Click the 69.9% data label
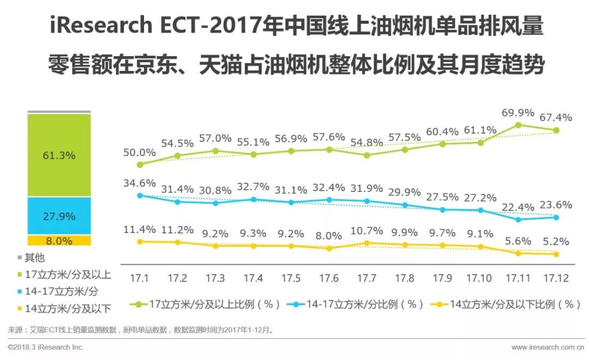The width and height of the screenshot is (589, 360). (518, 113)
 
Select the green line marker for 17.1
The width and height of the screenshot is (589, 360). (140, 164)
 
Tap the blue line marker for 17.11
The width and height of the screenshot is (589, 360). (518, 219)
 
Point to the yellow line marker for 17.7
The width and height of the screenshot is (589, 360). (366, 243)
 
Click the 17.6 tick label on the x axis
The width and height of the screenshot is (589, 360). (329, 278)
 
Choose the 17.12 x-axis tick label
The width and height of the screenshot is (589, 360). (556, 278)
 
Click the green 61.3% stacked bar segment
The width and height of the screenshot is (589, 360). (59, 155)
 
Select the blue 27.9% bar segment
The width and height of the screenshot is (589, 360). (59, 216)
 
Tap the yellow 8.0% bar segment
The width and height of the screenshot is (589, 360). (59, 241)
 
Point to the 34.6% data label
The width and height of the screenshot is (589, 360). (140, 183)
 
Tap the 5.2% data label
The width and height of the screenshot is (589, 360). (556, 241)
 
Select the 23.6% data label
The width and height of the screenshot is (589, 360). (556, 205)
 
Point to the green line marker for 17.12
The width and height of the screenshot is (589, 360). (556, 130)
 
